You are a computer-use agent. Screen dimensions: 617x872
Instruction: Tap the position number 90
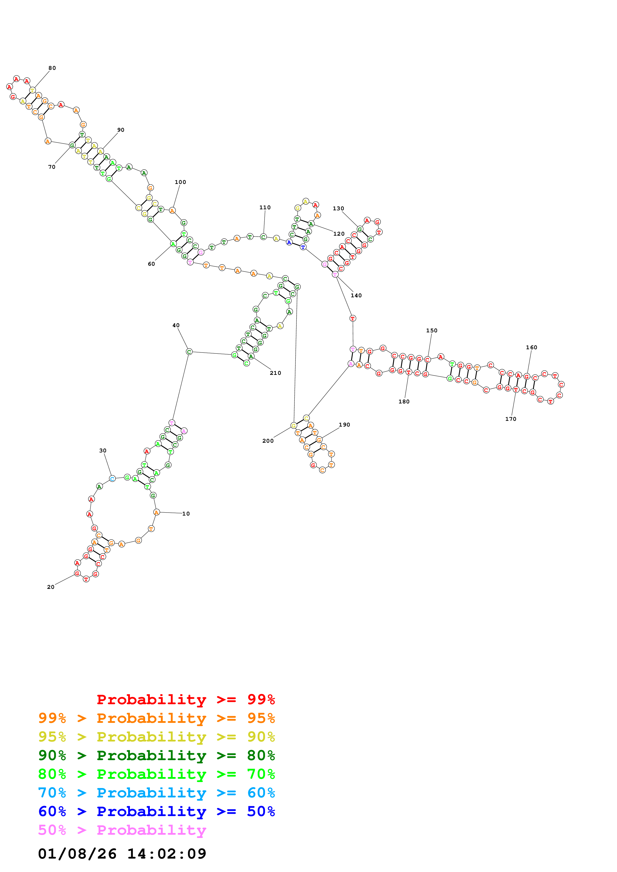point(121,130)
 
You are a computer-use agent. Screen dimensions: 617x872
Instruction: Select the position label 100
point(180,182)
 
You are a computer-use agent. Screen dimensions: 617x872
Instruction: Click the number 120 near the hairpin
point(339,234)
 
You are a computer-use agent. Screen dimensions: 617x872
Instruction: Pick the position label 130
point(338,209)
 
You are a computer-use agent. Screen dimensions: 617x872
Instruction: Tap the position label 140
point(356,296)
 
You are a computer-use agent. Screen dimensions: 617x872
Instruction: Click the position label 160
point(531,348)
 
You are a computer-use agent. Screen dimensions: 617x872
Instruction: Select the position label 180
point(404,402)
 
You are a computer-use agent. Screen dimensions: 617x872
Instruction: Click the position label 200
point(268,441)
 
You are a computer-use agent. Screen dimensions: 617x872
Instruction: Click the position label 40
point(176,325)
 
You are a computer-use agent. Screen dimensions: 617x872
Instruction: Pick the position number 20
point(51,587)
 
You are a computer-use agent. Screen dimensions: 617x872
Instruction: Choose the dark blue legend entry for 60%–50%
point(157,811)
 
